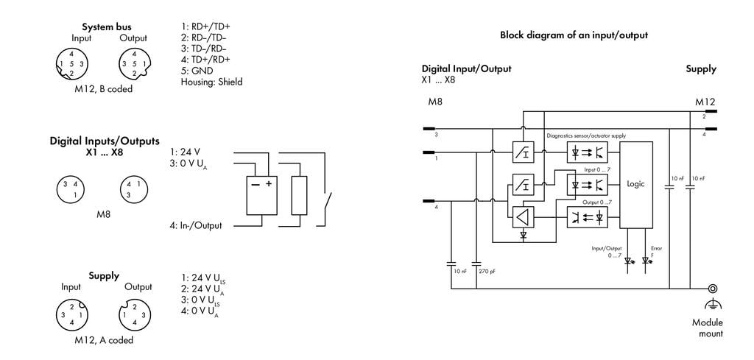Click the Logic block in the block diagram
[x=635, y=185]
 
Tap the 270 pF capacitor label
[x=487, y=272]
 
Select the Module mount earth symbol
[x=713, y=304]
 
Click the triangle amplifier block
[x=523, y=216]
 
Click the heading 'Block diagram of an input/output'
[x=574, y=35]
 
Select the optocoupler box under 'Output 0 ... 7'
[x=587, y=217]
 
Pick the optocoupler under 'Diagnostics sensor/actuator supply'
[x=587, y=152]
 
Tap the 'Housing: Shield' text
[x=211, y=82]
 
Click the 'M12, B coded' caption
[x=103, y=89]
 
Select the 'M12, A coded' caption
[x=104, y=340]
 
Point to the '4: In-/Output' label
[x=195, y=225]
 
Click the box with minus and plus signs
[x=261, y=196]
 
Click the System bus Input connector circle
[x=71, y=64]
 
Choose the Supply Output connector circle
[x=135, y=315]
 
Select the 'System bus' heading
[x=106, y=27]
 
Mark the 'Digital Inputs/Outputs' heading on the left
[x=105, y=141]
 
